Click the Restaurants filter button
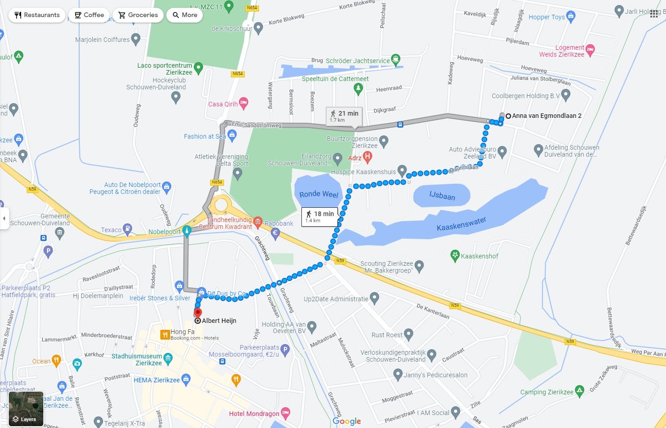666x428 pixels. click(x=37, y=15)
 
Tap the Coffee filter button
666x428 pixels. click(x=89, y=15)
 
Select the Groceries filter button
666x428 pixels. click(x=138, y=15)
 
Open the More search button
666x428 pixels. click(x=184, y=15)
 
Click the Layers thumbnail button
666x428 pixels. click(x=26, y=409)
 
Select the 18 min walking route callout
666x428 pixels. click(x=320, y=216)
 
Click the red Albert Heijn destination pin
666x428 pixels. click(x=198, y=313)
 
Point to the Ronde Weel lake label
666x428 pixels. click(x=318, y=194)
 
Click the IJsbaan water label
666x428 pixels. click(x=442, y=196)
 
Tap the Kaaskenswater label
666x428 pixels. click(x=461, y=224)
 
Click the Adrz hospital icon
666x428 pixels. click(x=367, y=157)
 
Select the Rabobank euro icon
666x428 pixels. click(x=276, y=233)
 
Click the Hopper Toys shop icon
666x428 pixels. click(x=571, y=17)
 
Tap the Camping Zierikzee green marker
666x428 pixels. click(x=579, y=391)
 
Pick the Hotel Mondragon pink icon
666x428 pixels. click(x=286, y=413)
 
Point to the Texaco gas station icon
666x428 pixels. click(x=128, y=229)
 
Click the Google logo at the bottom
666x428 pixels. click(x=347, y=421)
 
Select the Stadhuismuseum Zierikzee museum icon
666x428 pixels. click(x=168, y=358)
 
